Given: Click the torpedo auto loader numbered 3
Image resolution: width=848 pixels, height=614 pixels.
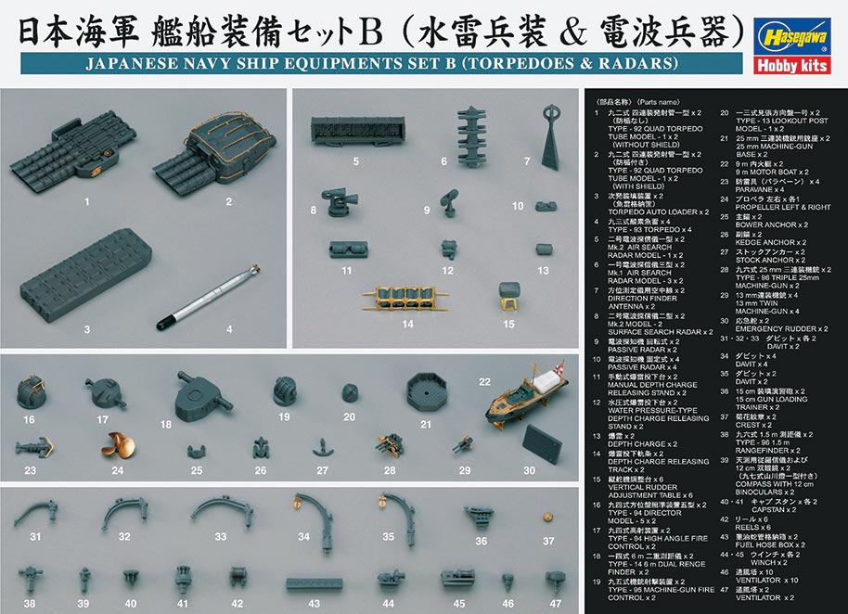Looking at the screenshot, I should click(x=87, y=273).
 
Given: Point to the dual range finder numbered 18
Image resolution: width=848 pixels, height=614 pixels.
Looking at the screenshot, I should click(x=205, y=393).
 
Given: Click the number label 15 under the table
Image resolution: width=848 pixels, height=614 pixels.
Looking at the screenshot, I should click(x=508, y=324).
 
